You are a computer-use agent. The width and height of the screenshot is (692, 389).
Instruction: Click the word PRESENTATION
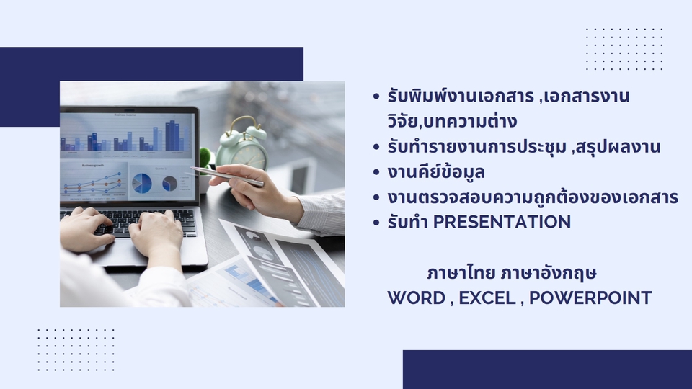click(502, 222)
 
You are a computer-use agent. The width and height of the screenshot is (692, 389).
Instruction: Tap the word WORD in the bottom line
click(416, 298)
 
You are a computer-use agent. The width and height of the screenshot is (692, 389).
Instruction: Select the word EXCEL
click(487, 298)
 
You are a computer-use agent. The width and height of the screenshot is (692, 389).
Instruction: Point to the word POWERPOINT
click(590, 298)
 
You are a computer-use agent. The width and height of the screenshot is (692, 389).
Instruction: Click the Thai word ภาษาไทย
click(461, 273)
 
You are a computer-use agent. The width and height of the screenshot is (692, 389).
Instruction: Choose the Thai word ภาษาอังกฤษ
click(549, 273)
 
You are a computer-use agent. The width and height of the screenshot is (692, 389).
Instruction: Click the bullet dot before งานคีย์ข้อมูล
click(376, 172)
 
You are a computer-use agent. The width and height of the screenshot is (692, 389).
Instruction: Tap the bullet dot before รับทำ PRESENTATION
click(376, 223)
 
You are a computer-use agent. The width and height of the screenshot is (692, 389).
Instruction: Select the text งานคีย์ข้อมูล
click(436, 171)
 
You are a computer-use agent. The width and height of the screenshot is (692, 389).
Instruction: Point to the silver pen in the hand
click(227, 176)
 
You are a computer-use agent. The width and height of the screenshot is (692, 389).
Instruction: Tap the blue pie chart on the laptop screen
click(142, 182)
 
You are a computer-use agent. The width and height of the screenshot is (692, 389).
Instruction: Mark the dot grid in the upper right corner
click(624, 49)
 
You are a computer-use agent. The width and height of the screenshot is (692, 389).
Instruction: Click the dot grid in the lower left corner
click(76, 349)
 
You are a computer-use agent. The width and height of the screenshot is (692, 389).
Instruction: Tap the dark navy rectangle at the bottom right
click(547, 370)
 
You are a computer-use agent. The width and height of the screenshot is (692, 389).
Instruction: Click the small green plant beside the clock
click(205, 158)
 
